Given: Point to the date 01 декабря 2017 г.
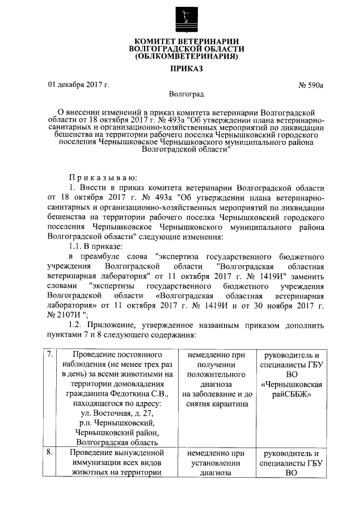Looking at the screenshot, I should point(78,85).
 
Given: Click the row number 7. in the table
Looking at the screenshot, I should point(50,354).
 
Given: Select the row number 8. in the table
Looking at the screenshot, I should point(50,453).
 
